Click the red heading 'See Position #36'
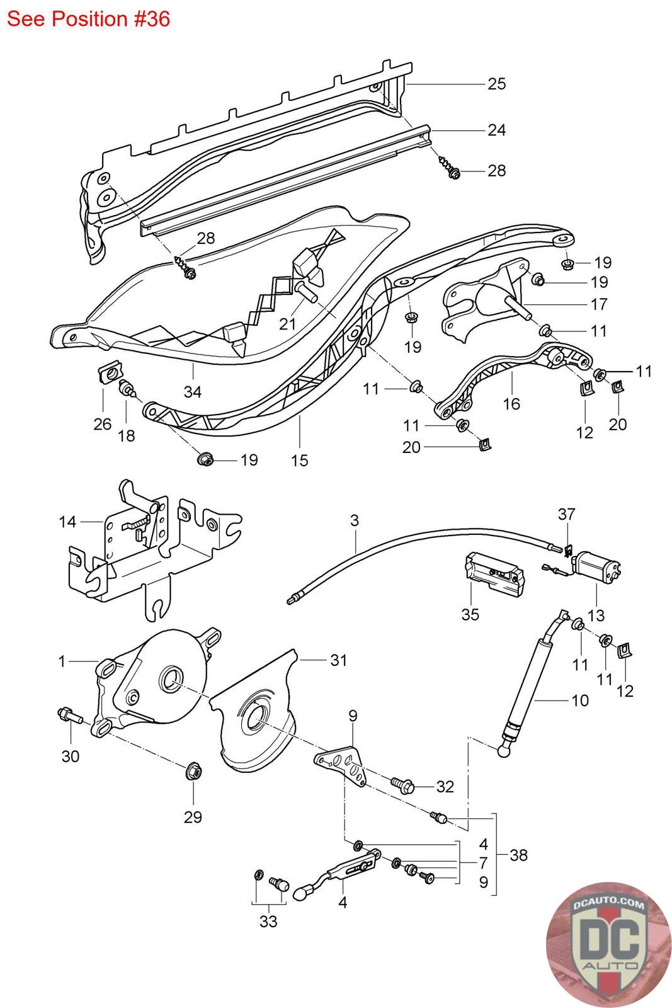coord(89,20)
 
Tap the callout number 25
coord(496,84)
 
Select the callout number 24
coord(496,130)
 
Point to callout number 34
coord(193,391)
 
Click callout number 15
coord(300,461)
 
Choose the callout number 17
coord(599,304)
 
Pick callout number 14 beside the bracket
coord(67,522)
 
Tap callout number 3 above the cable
coord(355,520)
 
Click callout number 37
coord(566,513)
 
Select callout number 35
coord(470,614)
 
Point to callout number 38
coord(518,855)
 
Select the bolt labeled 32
coord(402,785)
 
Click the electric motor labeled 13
coord(598,565)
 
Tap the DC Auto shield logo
coord(609,946)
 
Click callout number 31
coord(339,660)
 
